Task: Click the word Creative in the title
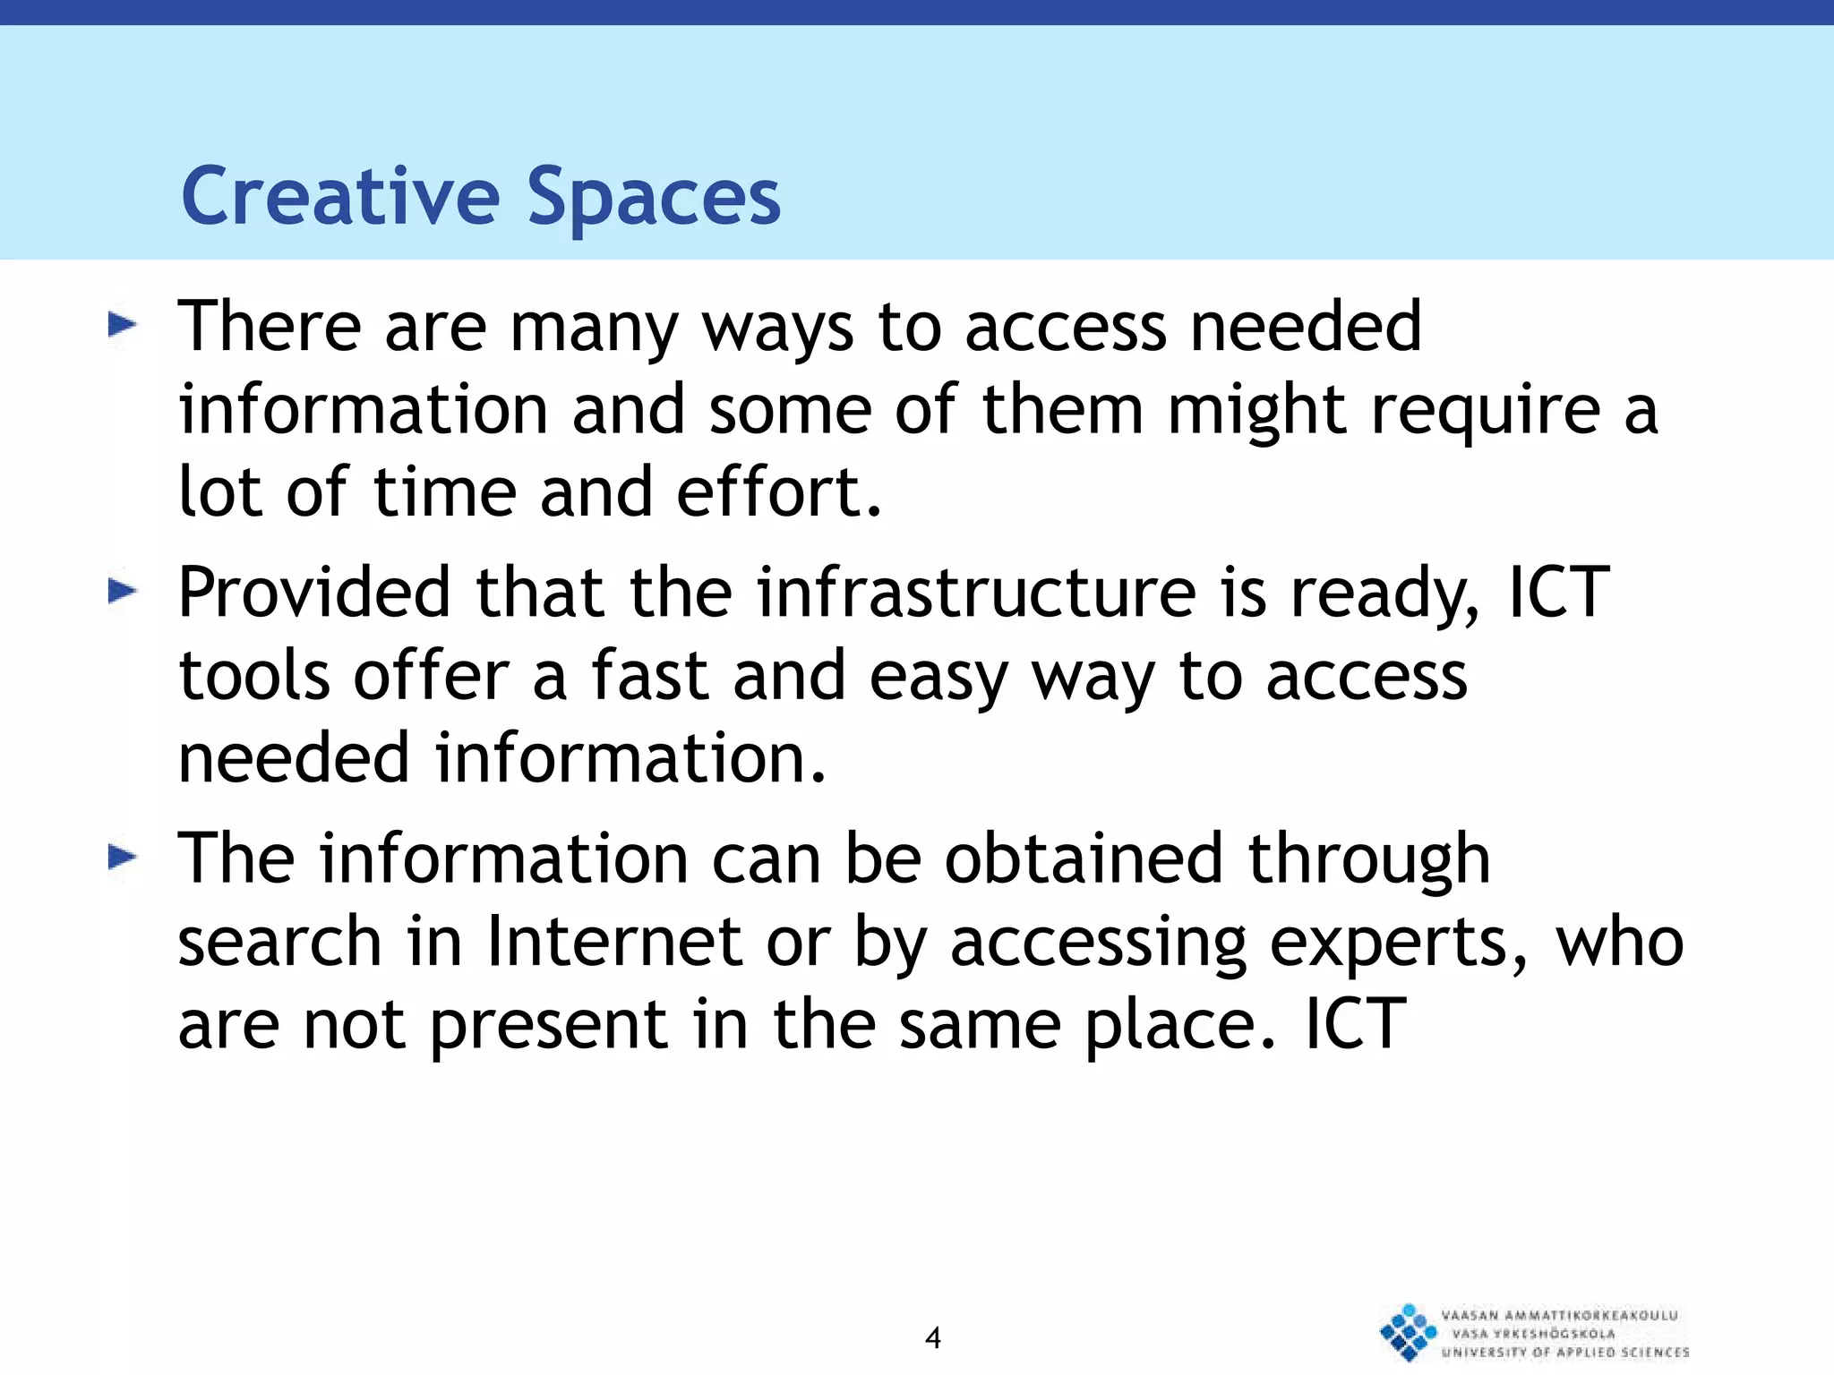(340, 197)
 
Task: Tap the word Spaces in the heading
(654, 199)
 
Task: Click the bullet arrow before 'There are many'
(122, 325)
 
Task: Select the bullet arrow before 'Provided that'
(122, 591)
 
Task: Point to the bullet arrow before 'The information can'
(122, 858)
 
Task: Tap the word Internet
(614, 942)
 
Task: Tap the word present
(549, 1028)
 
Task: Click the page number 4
(932, 1338)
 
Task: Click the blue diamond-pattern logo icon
(1408, 1332)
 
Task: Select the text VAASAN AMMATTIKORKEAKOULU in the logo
(1559, 1315)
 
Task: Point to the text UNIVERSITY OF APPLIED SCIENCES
(1565, 1352)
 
